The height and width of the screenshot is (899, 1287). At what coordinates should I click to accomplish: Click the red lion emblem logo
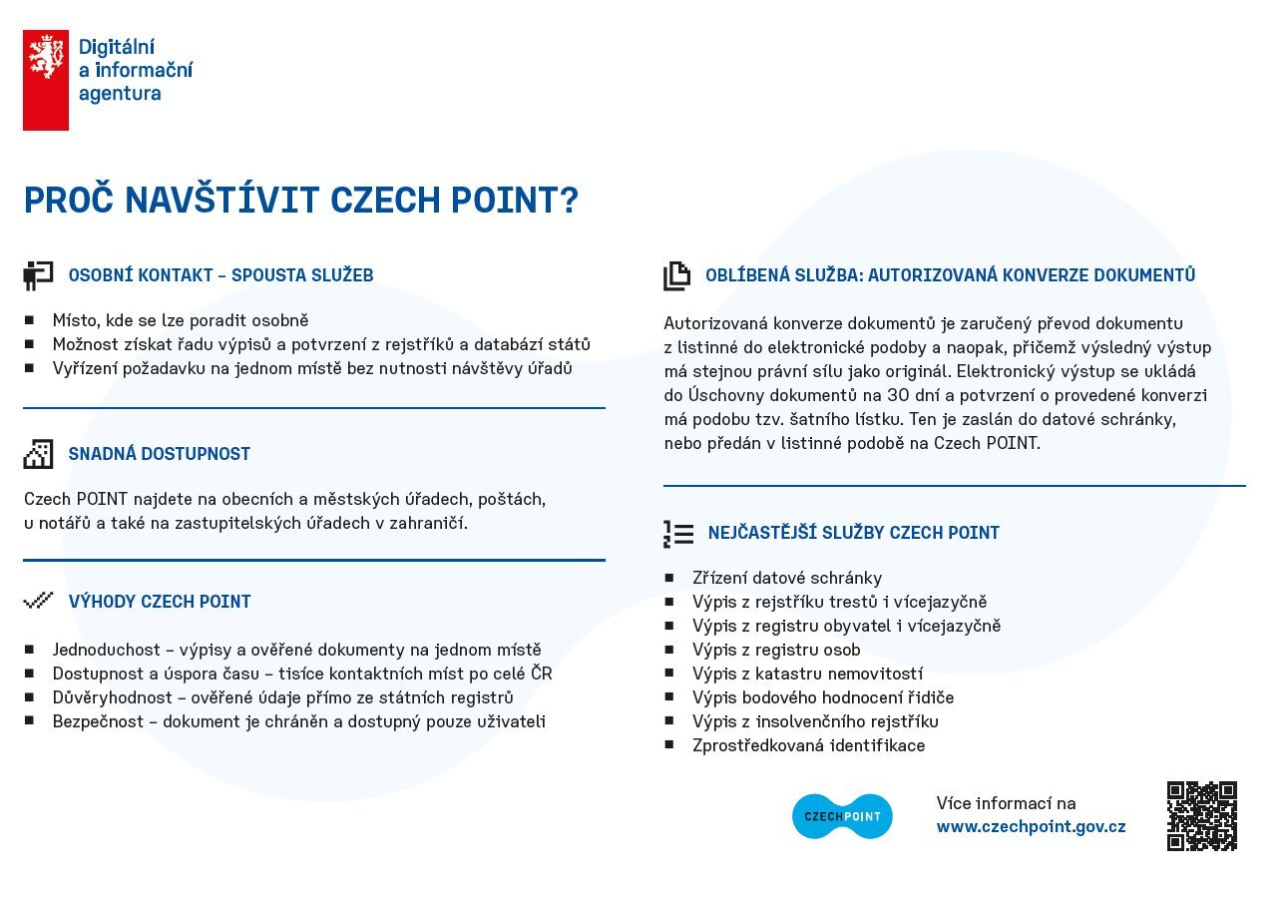tap(46, 81)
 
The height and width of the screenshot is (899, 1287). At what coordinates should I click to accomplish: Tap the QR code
tap(1202, 816)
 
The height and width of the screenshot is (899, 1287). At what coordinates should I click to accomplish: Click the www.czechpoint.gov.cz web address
tap(1032, 826)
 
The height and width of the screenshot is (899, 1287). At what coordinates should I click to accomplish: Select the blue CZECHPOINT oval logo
tap(842, 816)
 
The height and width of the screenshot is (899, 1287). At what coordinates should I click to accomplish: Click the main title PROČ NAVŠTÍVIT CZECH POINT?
tap(301, 200)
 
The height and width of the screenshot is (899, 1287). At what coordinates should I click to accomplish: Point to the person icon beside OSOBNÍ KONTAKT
tap(38, 275)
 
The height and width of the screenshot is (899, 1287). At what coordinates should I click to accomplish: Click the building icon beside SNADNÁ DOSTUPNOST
tap(38, 454)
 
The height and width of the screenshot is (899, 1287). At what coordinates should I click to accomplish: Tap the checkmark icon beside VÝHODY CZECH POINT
tap(38, 601)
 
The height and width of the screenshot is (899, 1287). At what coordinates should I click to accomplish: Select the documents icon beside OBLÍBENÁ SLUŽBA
tap(676, 276)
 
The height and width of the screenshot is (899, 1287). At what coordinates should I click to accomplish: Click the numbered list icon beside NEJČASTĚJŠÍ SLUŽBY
tap(678, 534)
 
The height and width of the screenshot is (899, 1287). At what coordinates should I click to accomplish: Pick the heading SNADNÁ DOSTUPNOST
tap(160, 454)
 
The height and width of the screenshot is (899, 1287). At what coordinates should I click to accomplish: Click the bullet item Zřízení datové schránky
tap(787, 578)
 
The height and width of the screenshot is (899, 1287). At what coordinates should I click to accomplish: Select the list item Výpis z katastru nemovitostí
tap(808, 674)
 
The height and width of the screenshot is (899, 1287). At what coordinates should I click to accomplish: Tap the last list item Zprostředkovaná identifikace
tap(808, 745)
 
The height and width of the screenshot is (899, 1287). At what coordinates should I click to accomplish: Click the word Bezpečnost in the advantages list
tap(98, 721)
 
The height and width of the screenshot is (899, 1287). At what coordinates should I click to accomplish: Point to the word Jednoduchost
tap(107, 650)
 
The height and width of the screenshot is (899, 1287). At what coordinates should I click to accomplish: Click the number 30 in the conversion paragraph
tap(898, 395)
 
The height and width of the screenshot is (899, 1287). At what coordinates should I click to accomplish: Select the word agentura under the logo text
tap(120, 94)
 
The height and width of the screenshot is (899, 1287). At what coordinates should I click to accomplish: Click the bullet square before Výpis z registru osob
tap(668, 650)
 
